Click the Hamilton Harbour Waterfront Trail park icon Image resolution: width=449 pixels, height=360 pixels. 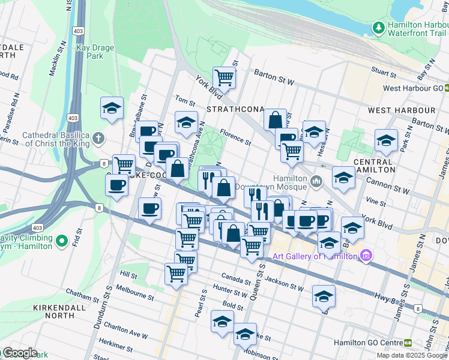point(378,28)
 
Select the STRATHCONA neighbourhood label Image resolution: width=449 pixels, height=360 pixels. point(235,109)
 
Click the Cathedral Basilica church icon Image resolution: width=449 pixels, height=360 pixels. point(98,139)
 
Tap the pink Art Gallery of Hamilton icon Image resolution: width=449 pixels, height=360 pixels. point(366,256)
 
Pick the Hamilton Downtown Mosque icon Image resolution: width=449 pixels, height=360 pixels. point(317,180)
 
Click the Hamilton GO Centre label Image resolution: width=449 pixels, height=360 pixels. point(373,343)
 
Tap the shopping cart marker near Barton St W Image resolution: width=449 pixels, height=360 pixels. point(224,77)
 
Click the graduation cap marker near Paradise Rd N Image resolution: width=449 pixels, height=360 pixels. point(112,109)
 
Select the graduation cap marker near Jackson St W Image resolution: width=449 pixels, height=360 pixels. point(324,296)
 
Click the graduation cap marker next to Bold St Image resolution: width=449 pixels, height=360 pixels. point(222,321)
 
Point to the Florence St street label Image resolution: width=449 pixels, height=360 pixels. point(235,137)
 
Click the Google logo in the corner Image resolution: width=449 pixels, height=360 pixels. point(19,353)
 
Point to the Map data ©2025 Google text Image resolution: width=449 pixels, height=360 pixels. point(412,355)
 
